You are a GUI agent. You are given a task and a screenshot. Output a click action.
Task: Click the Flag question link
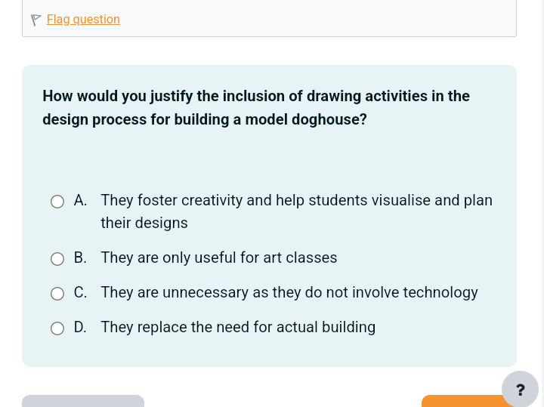[83, 20]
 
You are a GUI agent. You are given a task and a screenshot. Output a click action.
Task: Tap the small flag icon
[36, 20]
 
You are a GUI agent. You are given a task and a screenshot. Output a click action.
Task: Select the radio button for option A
[57, 202]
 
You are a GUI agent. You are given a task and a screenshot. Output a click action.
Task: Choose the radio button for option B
[57, 259]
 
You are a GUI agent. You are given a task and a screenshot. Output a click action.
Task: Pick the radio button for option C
[57, 294]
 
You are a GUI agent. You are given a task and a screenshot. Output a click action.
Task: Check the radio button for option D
[57, 328]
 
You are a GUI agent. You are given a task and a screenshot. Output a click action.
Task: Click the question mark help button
[520, 390]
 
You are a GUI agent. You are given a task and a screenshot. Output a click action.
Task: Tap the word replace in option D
[160, 327]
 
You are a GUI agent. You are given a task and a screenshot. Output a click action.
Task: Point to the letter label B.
[80, 257]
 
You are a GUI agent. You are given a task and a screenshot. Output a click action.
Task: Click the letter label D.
[80, 327]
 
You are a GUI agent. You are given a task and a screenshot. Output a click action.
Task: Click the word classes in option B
[311, 257]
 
